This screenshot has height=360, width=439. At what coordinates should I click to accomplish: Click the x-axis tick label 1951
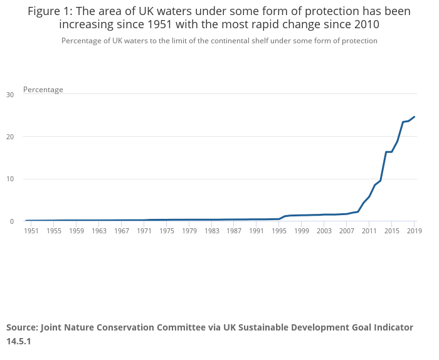[31, 231]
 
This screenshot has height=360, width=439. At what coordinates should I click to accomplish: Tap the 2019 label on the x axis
[414, 231]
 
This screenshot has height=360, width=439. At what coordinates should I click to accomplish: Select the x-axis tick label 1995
[279, 231]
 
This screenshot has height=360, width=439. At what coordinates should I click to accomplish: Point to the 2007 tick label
[347, 231]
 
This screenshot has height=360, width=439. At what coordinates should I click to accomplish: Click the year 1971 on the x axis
[144, 231]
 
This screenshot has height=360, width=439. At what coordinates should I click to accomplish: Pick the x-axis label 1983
[212, 231]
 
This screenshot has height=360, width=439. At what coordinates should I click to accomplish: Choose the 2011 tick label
[369, 231]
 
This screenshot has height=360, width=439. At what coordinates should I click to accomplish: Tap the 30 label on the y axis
[9, 95]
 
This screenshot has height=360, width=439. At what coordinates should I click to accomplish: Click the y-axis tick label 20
[9, 137]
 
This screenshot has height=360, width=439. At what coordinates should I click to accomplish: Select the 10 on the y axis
[9, 179]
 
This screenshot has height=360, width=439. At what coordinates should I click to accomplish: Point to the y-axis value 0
[11, 221]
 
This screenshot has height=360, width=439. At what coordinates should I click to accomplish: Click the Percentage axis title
[43, 90]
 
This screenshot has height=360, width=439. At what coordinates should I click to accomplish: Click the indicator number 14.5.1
[19, 342]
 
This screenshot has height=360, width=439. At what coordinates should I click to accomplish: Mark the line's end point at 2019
[414, 117]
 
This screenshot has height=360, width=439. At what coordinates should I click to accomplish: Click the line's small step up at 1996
[285, 216]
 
